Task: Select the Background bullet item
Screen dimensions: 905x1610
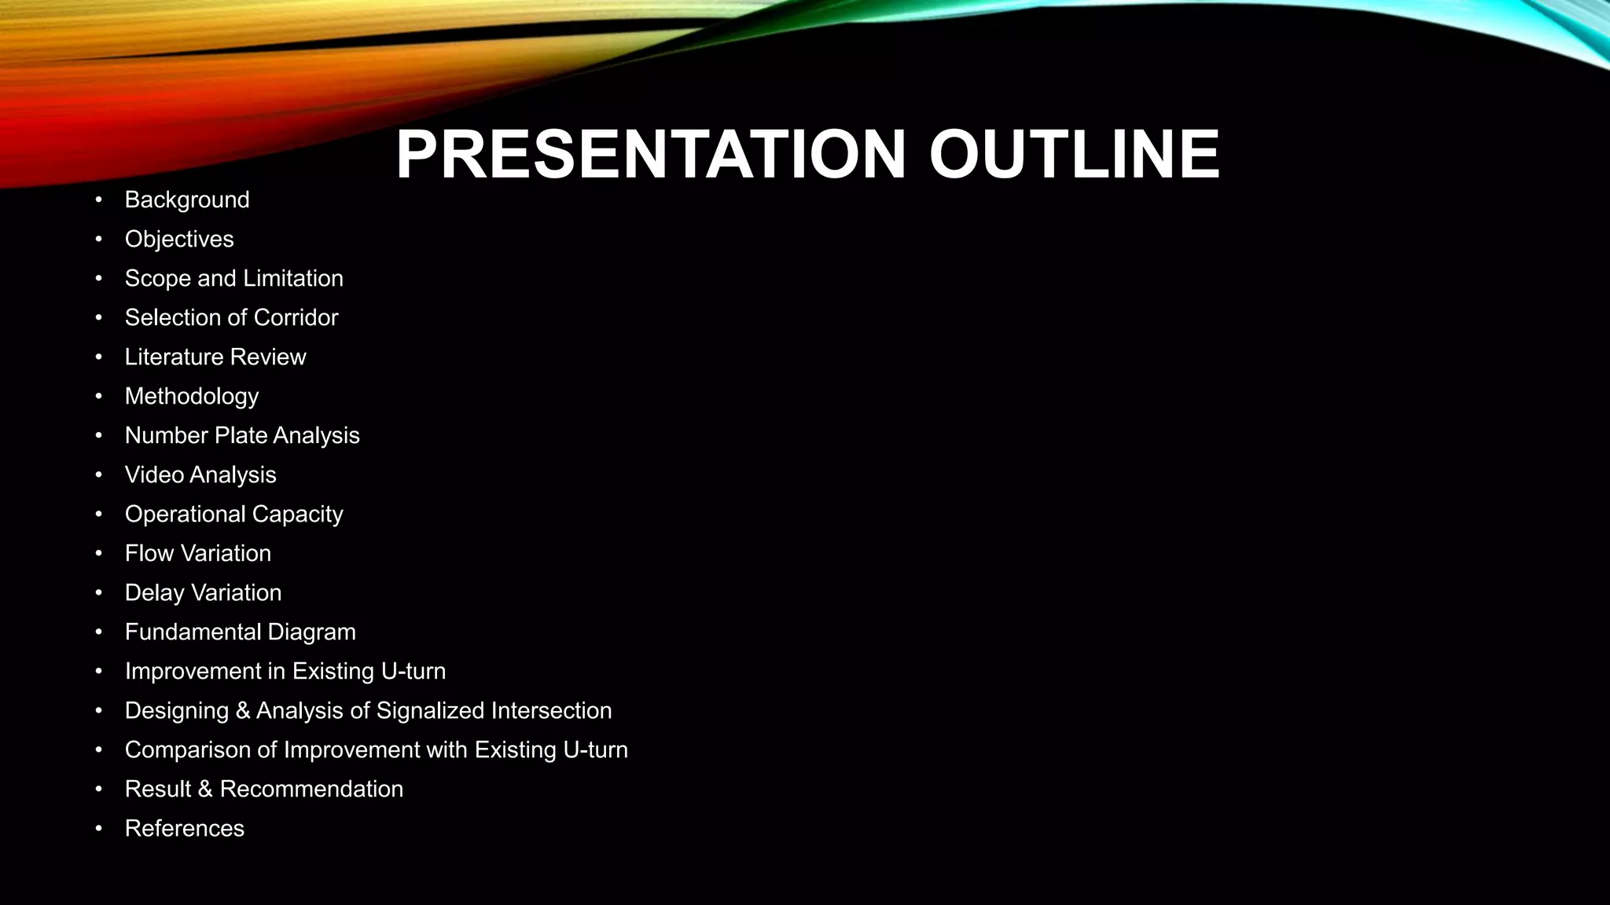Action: (187, 200)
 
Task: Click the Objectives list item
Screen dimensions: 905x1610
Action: (179, 239)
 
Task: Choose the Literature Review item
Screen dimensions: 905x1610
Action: (215, 357)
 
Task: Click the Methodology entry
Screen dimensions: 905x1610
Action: (192, 396)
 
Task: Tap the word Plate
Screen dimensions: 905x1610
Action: (241, 435)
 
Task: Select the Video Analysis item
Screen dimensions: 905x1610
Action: (200, 474)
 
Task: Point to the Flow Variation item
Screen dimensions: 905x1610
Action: (198, 553)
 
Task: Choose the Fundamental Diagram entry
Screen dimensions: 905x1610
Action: (241, 632)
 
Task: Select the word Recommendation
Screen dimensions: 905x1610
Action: (311, 789)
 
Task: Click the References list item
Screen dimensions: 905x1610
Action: (185, 828)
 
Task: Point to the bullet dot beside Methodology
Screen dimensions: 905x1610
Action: (98, 396)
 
